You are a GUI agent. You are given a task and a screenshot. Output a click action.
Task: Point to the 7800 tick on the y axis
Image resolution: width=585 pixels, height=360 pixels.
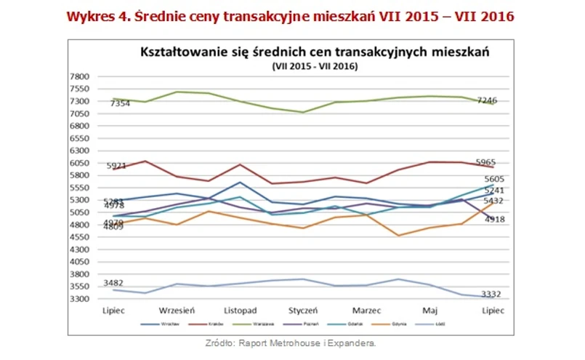(79, 76)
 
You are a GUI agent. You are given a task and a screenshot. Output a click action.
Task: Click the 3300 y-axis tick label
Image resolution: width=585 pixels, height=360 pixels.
(79, 299)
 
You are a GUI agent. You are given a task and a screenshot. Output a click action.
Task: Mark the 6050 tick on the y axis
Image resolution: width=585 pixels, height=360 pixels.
(79, 163)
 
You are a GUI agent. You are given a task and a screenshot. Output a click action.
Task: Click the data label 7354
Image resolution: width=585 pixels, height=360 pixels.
(120, 104)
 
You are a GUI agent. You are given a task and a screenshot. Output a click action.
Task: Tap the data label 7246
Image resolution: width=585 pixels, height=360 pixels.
(487, 100)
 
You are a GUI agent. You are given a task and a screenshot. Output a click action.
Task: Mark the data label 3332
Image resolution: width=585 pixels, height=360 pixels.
(491, 293)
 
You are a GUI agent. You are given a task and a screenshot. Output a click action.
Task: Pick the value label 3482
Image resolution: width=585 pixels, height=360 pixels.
(113, 282)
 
